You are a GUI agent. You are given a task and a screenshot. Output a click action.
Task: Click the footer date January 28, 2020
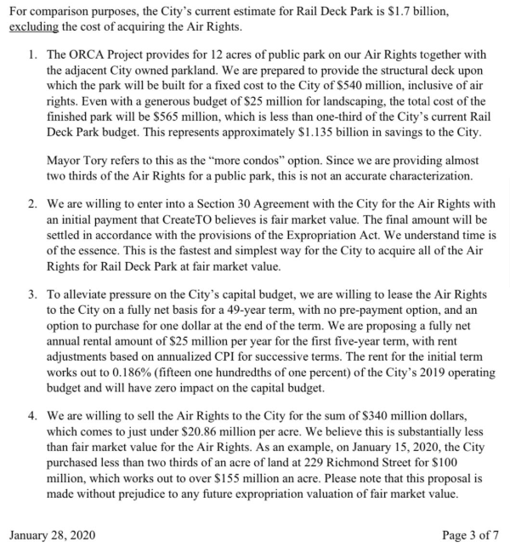click(53, 535)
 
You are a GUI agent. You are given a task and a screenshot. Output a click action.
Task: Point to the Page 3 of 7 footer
click(471, 535)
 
